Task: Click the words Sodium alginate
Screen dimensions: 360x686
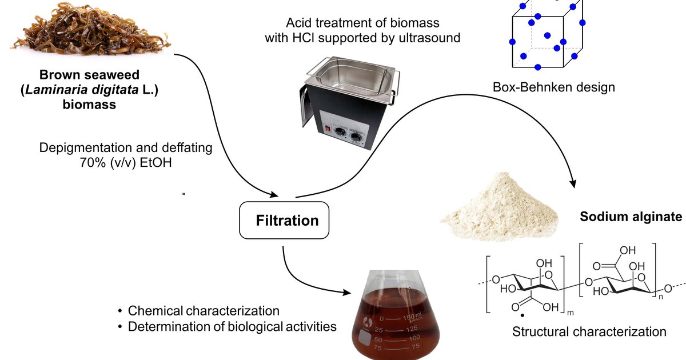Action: click(x=631, y=217)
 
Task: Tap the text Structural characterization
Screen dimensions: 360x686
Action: click(x=589, y=331)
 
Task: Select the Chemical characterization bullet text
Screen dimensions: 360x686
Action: click(x=204, y=311)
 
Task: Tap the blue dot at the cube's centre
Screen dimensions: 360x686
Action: click(x=547, y=35)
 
